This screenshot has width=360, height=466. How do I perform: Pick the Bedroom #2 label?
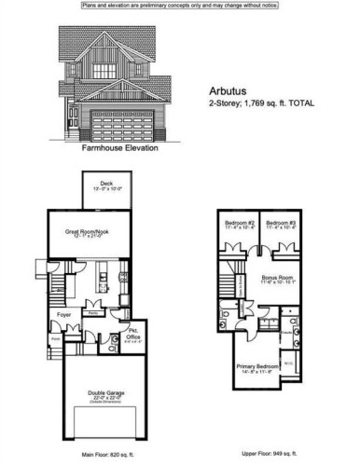point(240,226)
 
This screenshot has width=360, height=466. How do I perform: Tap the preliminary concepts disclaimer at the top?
point(179,6)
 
